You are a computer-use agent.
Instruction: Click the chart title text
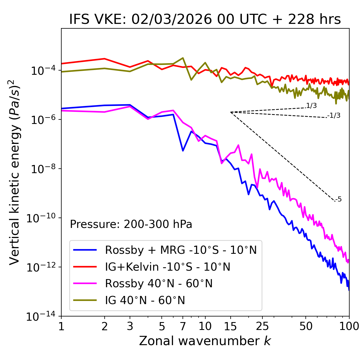click(x=205, y=19)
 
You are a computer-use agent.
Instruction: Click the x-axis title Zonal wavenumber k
click(x=205, y=341)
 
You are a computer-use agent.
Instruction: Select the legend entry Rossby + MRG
click(x=181, y=250)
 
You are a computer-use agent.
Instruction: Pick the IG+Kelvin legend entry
click(x=167, y=267)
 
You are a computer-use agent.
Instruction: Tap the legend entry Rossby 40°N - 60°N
click(x=159, y=284)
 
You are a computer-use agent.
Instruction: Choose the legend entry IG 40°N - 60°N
click(x=145, y=300)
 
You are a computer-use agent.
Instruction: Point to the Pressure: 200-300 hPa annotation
click(x=131, y=224)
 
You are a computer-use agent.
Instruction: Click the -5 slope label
click(x=338, y=199)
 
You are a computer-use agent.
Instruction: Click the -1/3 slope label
click(x=334, y=115)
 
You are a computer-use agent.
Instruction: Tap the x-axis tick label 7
click(x=183, y=326)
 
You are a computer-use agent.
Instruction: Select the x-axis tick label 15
click(x=230, y=326)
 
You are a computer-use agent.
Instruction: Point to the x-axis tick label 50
click(x=306, y=326)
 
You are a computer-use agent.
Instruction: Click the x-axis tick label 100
click(x=349, y=326)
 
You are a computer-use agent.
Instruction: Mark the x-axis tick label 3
click(x=130, y=326)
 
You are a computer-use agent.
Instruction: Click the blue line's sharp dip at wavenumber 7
click(x=183, y=151)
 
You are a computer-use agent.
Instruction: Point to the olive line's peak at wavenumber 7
click(x=183, y=58)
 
